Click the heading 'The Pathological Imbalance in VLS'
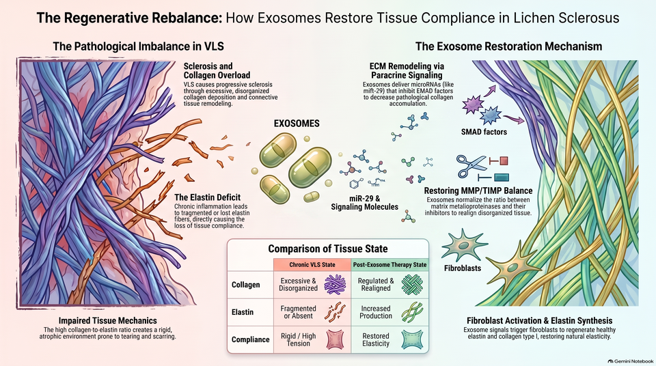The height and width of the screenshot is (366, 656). [138, 46]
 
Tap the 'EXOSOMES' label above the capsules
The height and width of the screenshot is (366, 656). [297, 124]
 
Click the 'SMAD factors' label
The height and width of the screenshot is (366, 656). [484, 132]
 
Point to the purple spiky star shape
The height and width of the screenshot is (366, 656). [473, 104]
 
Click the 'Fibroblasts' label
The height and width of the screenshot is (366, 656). [463, 268]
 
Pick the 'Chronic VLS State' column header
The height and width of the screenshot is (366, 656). [312, 265]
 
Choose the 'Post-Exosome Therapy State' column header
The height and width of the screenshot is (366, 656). [390, 265]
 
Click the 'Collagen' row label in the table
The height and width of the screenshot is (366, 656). [245, 285]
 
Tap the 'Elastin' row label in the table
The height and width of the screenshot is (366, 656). [242, 312]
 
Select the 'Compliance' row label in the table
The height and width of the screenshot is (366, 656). [250, 339]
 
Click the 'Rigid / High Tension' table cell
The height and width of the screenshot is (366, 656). [299, 339]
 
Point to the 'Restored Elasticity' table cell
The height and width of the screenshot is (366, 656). [376, 339]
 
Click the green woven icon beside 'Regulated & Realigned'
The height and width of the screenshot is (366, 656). [412, 285]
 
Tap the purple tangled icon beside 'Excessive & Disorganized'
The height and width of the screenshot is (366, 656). [335, 285]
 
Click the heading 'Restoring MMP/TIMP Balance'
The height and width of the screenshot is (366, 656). [478, 191]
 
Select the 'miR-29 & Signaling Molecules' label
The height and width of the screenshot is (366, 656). [364, 202]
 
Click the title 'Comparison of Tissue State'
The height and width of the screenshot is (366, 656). [328, 249]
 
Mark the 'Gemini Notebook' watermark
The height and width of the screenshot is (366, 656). [631, 361]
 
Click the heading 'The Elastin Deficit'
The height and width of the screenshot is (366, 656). [208, 197]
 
